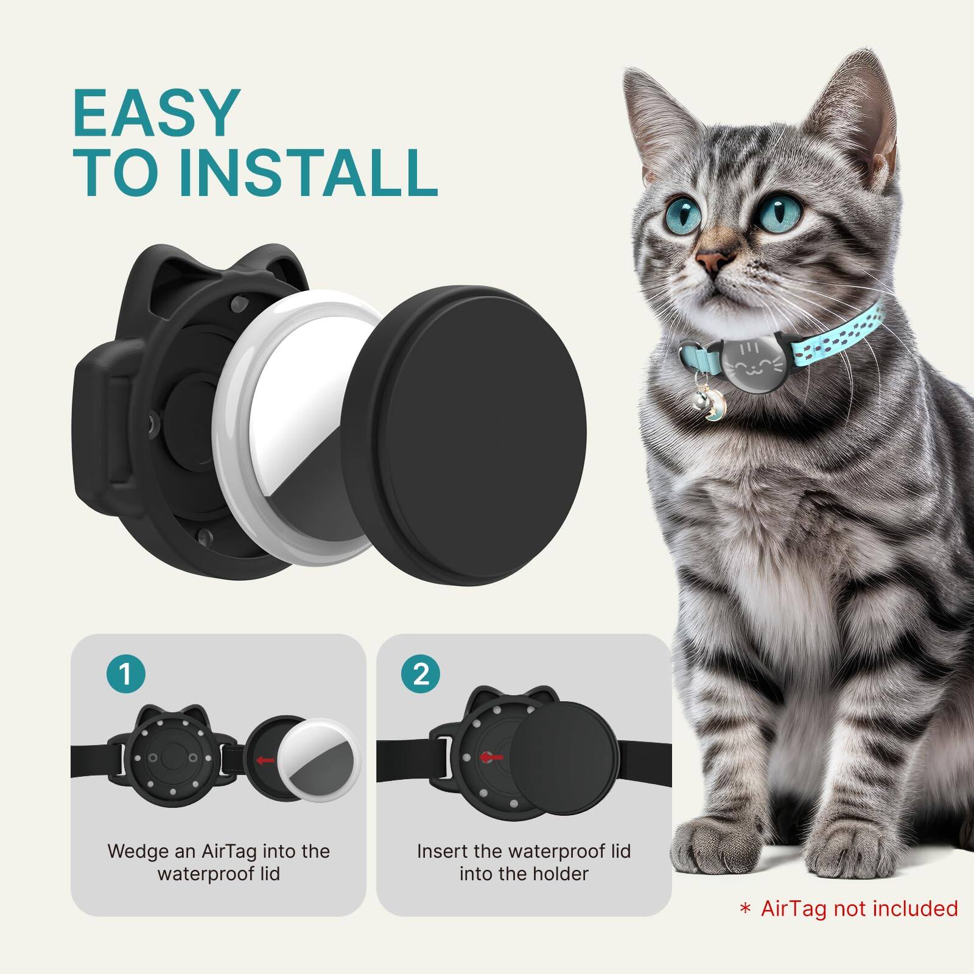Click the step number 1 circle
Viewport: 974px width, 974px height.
tap(125, 674)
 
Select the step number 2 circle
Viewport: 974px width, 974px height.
tap(421, 674)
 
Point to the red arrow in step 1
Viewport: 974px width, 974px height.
tap(264, 760)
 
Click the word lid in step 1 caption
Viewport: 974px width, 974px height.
tap(268, 874)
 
